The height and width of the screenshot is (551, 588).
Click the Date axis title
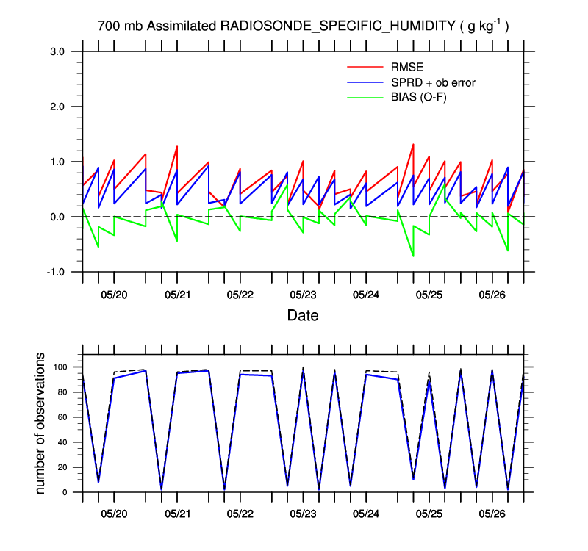pyautogui.click(x=303, y=316)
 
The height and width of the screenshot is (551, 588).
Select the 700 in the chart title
pyautogui.click(x=109, y=26)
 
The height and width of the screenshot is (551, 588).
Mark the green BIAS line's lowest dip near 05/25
pyautogui.click(x=413, y=256)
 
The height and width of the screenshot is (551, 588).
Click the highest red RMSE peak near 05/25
pyautogui.click(x=413, y=144)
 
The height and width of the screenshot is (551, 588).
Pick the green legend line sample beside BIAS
pyautogui.click(x=365, y=96)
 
